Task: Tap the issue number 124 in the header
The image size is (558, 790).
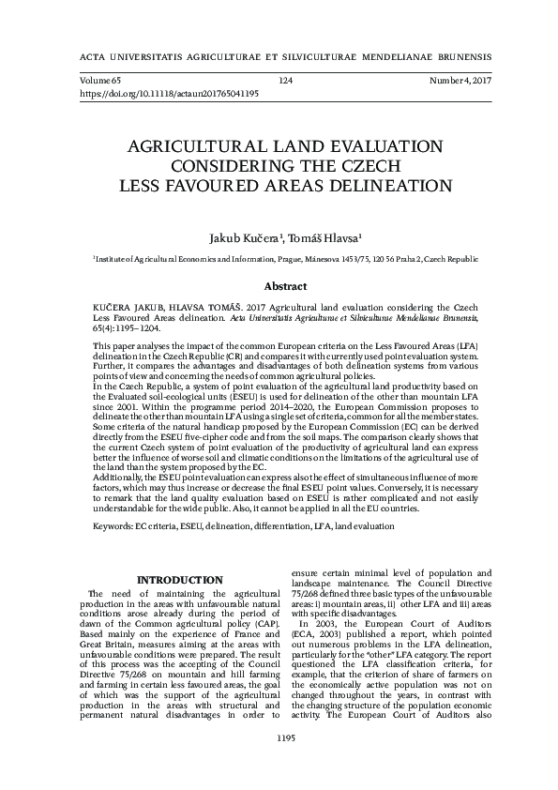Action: [x=286, y=82]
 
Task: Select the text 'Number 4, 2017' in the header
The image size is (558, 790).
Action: [x=460, y=82]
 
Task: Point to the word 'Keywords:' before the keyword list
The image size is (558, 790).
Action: [x=112, y=528]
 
